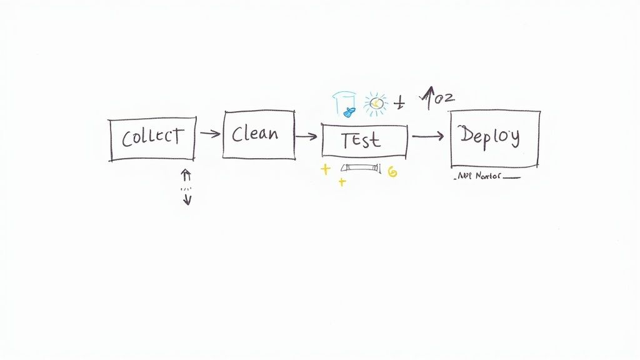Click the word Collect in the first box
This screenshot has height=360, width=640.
point(152,137)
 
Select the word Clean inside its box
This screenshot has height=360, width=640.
point(254,134)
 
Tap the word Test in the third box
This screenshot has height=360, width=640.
point(361,141)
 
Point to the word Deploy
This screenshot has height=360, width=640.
point(489,136)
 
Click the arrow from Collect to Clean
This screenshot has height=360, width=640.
point(210,133)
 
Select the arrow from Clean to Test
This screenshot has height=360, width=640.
point(306,136)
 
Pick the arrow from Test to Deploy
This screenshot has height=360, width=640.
point(428,136)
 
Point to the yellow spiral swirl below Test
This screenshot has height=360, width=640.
point(392,172)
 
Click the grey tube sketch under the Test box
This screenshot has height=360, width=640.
point(359,168)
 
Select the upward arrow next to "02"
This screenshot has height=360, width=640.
point(429,97)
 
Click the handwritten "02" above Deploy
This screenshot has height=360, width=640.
point(445,97)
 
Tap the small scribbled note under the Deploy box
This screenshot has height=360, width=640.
point(485,177)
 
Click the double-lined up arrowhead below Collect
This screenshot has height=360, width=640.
point(186,174)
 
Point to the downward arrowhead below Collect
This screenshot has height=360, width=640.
point(187,199)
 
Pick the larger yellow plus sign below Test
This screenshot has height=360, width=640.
point(325,169)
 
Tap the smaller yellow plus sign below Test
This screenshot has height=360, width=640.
point(341,182)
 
